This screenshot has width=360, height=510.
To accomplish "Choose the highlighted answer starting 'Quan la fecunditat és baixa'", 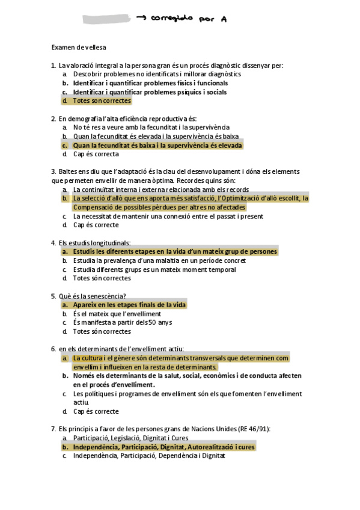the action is click(157, 146).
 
